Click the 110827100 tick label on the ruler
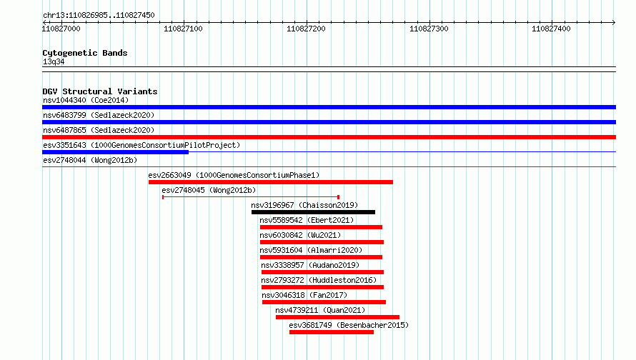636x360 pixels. point(183,29)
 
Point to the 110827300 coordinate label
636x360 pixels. point(429,29)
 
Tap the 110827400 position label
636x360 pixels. point(551,29)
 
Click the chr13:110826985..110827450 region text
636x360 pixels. point(99,16)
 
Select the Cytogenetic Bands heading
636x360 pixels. point(85,53)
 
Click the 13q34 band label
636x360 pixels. point(54,61)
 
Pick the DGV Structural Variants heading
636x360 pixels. point(100,91)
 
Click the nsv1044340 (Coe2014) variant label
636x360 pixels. point(86,100)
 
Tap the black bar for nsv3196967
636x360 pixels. point(313,212)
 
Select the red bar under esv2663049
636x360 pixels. point(271,182)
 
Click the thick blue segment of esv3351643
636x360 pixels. point(115,152)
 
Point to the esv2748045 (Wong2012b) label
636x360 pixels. point(209,190)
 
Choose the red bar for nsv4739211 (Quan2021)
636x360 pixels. point(337,317)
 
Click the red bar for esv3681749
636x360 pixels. point(332,332)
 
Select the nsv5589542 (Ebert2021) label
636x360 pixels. point(307,220)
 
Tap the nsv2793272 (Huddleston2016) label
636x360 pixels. point(319,280)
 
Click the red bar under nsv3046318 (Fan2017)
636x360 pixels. point(324,302)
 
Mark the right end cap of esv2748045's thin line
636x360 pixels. point(338,197)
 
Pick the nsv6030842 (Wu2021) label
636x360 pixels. point(300,235)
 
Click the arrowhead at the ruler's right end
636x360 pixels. point(614,22)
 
